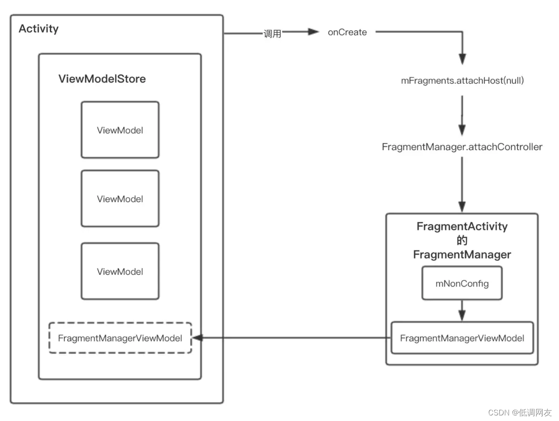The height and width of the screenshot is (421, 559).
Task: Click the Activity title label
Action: pos(39,29)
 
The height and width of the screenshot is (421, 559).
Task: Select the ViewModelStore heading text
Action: pos(102,79)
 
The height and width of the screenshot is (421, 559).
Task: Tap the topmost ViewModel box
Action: pos(120,130)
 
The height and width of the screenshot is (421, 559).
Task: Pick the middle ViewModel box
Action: pos(120,199)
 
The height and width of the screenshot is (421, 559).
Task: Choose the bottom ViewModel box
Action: pos(120,271)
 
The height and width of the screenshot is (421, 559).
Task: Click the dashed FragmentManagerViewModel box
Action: pos(120,338)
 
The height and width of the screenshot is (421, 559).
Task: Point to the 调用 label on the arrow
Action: pos(273,33)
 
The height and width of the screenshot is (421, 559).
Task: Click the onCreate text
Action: pos(347,33)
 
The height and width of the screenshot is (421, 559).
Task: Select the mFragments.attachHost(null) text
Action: pos(463,80)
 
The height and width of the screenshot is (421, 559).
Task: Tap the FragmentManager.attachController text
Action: pos(462,147)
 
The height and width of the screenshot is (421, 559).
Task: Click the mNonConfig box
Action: pos(462,283)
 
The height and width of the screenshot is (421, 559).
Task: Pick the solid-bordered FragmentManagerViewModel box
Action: pos(462,338)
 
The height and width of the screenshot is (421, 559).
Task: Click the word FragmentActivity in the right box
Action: pos(462,227)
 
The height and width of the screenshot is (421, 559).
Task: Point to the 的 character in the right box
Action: pos(462,241)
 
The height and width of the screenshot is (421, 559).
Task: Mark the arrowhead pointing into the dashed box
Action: pos(196,338)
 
